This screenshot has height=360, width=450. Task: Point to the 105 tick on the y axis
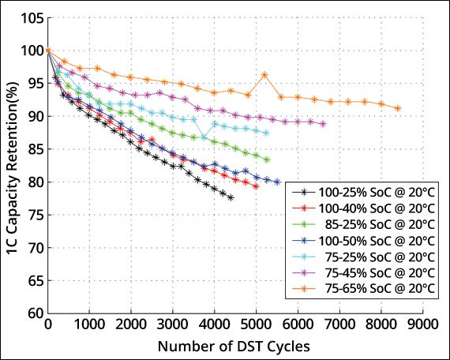point(29,17)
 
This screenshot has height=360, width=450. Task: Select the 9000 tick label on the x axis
point(422,324)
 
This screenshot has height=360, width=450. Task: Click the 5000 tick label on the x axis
point(256,324)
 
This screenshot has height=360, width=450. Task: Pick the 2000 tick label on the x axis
point(131,324)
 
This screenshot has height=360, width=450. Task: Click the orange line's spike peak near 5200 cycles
point(264,74)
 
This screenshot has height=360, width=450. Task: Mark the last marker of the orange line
point(397,108)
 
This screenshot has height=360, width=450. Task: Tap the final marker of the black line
point(231,197)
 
